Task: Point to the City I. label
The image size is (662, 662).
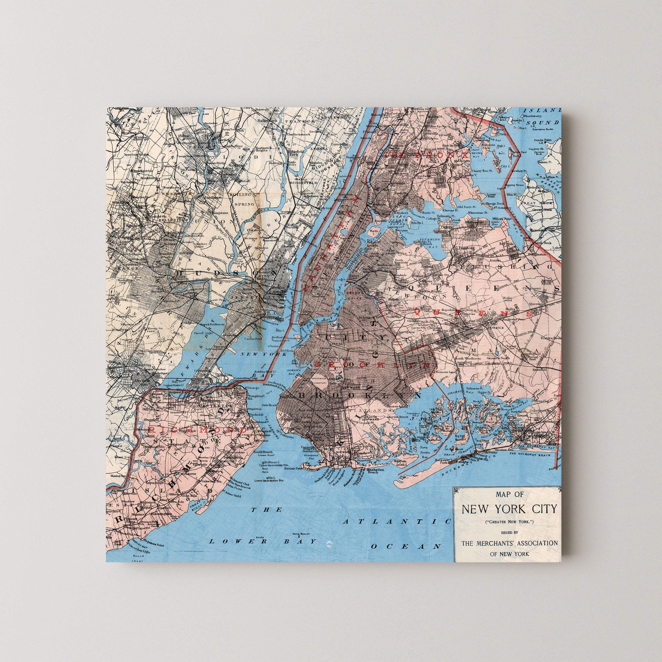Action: coord(504,166)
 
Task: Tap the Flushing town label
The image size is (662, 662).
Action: coord(467,248)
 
